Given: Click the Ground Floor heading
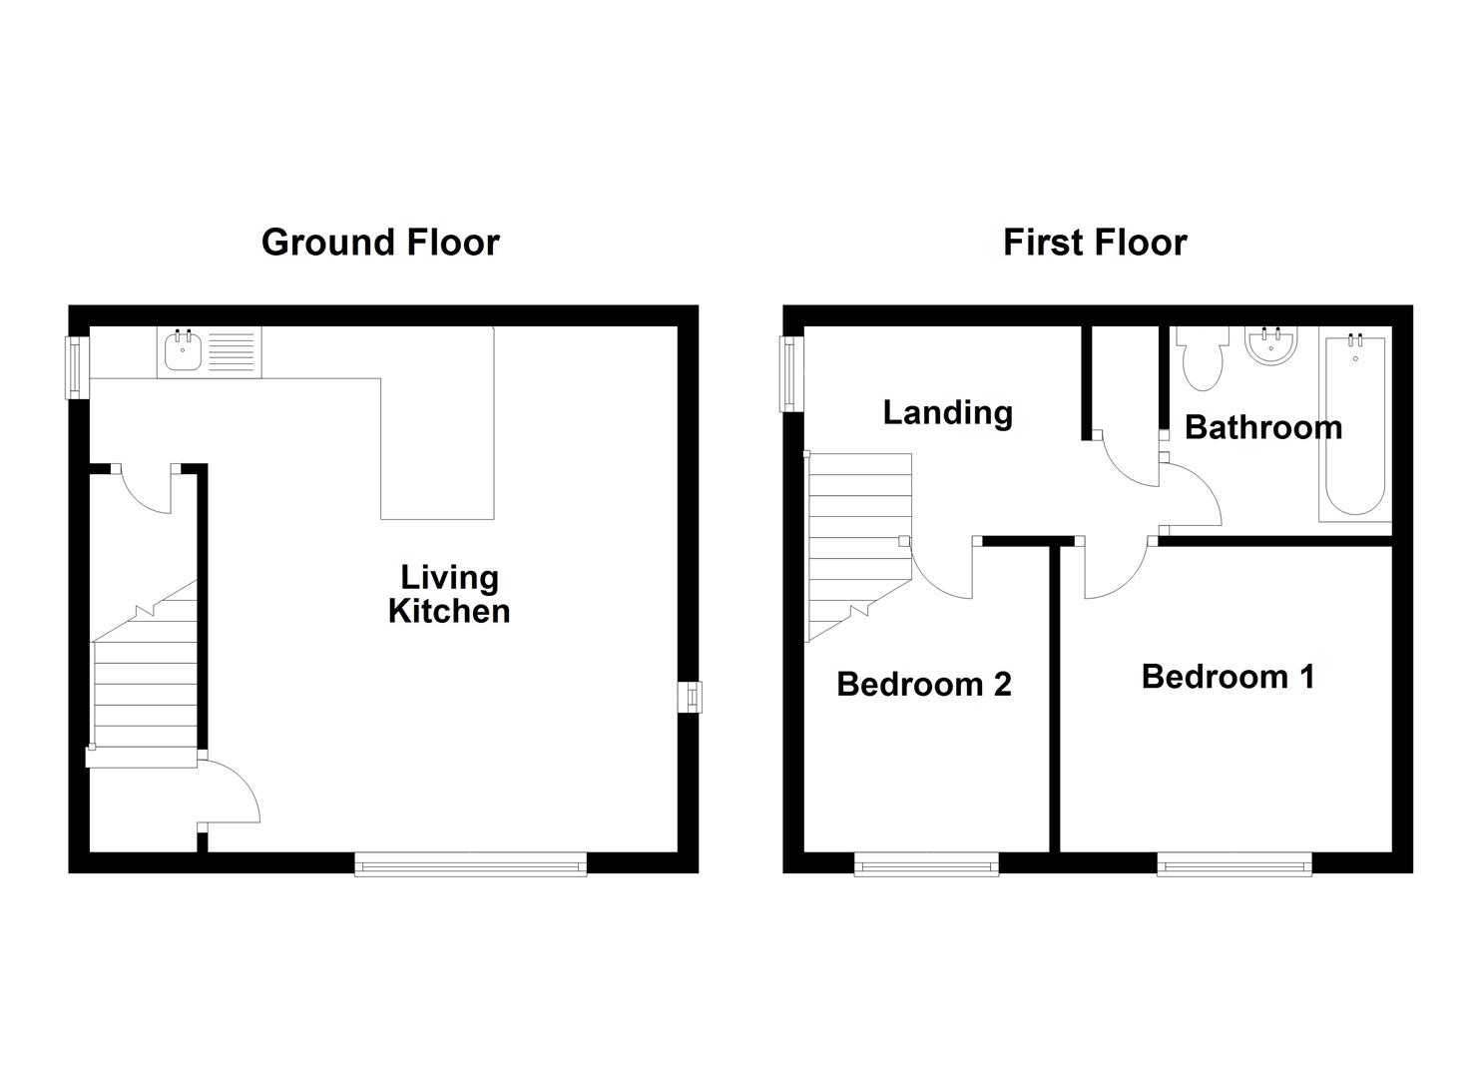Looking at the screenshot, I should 380,243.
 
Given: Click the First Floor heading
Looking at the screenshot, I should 1095,243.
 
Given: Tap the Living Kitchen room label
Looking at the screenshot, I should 449,594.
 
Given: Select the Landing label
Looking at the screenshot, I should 947,412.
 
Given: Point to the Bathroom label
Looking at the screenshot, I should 1262,427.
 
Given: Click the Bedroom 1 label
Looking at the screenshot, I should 1228,677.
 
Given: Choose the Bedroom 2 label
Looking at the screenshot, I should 923,685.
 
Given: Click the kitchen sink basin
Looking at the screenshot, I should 183,352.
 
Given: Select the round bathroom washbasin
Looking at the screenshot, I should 1270,346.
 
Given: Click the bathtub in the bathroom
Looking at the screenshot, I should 1354,426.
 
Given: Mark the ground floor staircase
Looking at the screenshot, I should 145,679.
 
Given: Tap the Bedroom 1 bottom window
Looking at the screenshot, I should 1234,864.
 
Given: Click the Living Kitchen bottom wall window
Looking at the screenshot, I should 470,864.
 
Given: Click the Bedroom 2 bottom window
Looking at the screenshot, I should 926,864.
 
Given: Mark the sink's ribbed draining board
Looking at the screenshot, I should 233,352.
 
